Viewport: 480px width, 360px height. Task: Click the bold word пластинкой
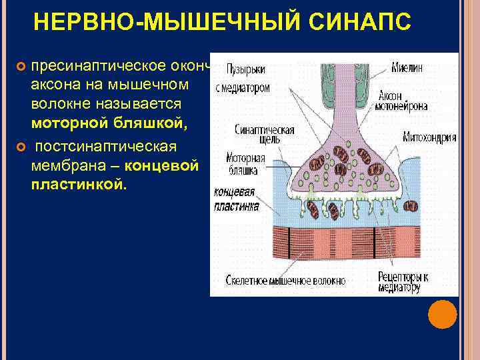77,183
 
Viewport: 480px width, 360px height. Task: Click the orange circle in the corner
442,314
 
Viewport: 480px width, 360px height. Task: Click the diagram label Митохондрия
429,138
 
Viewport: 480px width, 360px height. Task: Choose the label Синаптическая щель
256,135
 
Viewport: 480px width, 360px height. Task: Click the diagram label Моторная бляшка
245,165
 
